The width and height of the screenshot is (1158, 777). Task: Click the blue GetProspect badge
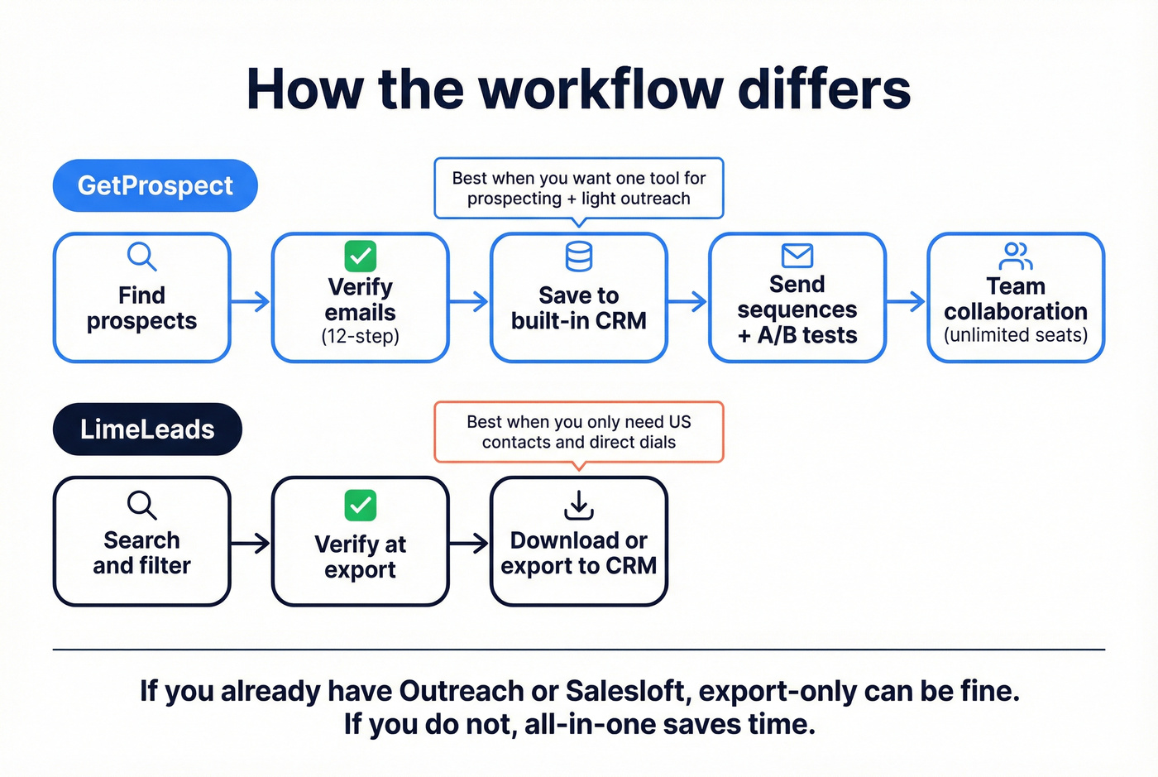[x=156, y=185]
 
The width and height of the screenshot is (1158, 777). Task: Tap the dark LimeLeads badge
[x=147, y=429]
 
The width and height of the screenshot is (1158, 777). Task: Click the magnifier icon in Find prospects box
[x=141, y=257]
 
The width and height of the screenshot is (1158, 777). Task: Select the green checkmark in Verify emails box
[x=360, y=256]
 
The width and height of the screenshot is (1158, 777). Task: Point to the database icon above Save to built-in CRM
[x=578, y=257]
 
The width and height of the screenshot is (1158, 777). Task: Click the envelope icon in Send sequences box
[x=797, y=256]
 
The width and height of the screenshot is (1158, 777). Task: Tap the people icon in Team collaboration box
[x=1015, y=257]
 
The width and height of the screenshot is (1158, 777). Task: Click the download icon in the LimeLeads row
[x=579, y=505]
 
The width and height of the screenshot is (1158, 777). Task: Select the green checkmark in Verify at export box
[x=360, y=505]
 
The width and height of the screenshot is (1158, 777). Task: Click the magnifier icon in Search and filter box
[x=141, y=505]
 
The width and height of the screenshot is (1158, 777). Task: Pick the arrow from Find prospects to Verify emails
[x=251, y=301]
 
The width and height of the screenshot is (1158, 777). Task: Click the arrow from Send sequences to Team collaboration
[x=906, y=301]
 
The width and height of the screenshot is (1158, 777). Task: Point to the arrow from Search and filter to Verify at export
[x=251, y=543]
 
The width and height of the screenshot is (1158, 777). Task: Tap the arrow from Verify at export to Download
[x=469, y=543]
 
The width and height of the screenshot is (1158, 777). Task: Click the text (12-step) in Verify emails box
[x=360, y=337]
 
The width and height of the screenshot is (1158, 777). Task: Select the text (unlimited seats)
[x=1016, y=335]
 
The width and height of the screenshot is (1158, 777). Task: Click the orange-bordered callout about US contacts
[x=578, y=431]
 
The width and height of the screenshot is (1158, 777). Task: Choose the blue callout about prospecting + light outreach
[x=578, y=188]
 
